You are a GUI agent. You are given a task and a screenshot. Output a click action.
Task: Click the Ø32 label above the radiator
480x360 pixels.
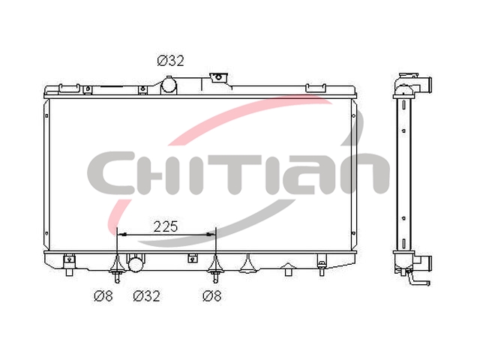(170, 61)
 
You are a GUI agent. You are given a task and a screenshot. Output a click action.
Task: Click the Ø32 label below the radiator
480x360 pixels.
(147, 296)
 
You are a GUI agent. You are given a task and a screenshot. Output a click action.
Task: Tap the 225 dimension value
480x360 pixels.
(166, 226)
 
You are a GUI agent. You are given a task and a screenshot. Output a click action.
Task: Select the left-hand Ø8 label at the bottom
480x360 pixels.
(103, 296)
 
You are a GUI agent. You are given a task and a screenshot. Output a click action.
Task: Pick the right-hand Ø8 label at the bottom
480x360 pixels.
(211, 296)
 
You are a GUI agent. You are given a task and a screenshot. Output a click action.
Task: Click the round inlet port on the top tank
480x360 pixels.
(169, 85)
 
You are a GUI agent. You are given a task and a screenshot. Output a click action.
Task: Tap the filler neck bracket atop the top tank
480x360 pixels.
(218, 78)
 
